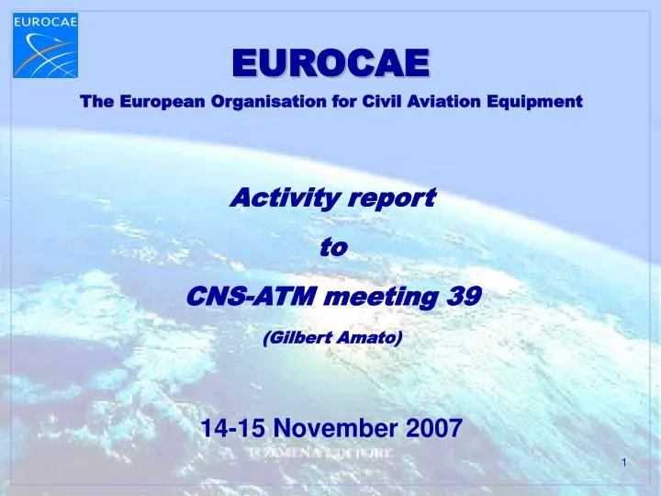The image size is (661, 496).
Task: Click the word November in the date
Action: point(335,426)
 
